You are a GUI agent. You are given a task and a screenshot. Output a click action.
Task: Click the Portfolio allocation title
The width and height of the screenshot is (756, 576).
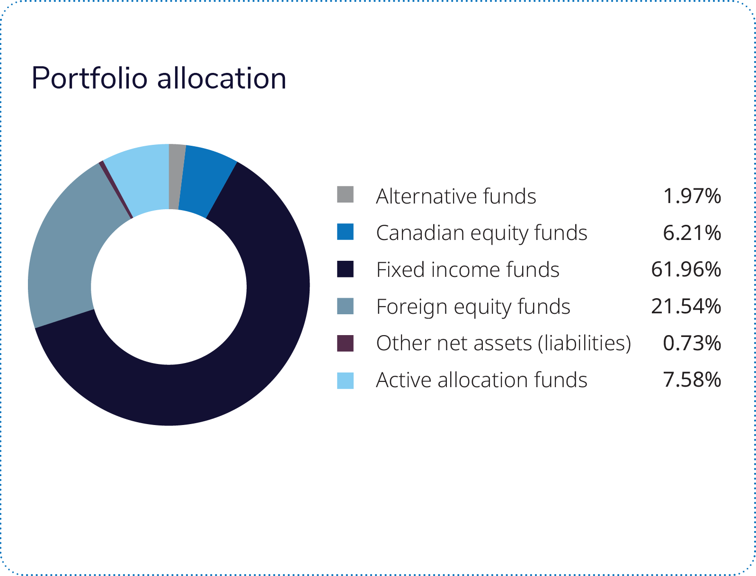click(159, 78)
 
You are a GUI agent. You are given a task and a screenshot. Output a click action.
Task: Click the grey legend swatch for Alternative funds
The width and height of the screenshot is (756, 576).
click(345, 195)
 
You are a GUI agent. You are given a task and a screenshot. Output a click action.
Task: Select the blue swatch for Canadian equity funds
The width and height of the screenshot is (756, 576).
click(345, 232)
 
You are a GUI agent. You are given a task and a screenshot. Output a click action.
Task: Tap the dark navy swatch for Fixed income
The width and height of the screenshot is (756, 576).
click(345, 269)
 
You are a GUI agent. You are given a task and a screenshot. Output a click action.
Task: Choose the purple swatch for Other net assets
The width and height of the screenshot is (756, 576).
click(345, 343)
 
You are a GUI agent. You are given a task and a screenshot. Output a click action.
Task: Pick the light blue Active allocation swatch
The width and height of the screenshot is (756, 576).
click(345, 381)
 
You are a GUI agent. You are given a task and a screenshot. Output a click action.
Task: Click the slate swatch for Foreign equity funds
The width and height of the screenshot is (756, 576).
click(345, 306)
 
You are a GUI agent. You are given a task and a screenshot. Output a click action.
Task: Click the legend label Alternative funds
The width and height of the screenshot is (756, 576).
click(456, 196)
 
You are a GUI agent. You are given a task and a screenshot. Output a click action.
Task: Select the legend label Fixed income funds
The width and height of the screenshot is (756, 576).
click(468, 270)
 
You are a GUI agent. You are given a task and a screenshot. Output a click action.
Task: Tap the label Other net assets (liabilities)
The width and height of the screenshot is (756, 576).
click(504, 344)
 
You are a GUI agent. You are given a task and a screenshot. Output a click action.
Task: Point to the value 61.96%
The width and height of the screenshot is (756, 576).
click(686, 270)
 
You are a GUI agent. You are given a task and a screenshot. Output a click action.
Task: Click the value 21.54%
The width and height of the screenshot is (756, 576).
click(686, 307)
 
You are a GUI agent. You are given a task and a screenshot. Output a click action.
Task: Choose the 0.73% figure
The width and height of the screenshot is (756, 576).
click(692, 344)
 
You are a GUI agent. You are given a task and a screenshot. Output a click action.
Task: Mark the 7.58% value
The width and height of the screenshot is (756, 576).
click(692, 380)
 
